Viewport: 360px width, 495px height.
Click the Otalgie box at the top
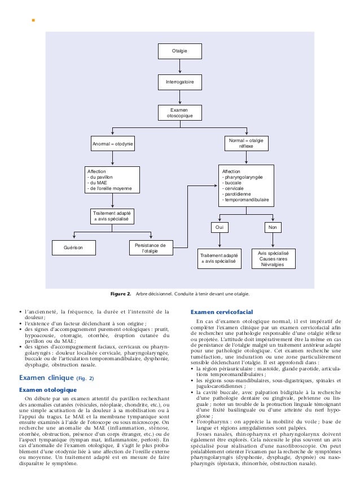pyautogui.click(x=180, y=51)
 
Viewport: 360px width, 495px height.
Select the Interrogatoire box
pyautogui.click(x=180, y=82)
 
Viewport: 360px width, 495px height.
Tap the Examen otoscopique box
pyautogui.click(x=180, y=113)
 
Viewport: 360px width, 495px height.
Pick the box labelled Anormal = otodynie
pyautogui.click(x=112, y=144)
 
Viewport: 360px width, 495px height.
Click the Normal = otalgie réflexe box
pyautogui.click(x=246, y=144)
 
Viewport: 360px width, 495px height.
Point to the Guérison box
pyautogui.click(x=74, y=248)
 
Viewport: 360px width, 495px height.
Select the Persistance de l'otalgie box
pyautogui.click(x=151, y=248)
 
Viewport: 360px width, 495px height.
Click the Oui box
pyautogui.click(x=219, y=227)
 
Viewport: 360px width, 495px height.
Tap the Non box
pyautogui.click(x=273, y=227)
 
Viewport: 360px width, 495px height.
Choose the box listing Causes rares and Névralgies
pyautogui.click(x=274, y=259)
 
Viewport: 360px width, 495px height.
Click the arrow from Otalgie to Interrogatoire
pyautogui.click(x=180, y=67)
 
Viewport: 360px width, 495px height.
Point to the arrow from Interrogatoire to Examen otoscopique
pyautogui.click(x=180, y=98)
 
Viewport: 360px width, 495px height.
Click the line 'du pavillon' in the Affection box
pyautogui.click(x=100, y=177)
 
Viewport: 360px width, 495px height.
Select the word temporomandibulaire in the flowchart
pyautogui.click(x=247, y=200)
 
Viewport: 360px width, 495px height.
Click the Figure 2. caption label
pyautogui.click(x=120, y=294)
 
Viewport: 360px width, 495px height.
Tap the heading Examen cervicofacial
pyautogui.click(x=222, y=312)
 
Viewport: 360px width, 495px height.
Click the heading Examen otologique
pyautogui.click(x=48, y=390)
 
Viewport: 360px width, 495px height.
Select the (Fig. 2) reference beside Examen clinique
pyautogui.click(x=85, y=378)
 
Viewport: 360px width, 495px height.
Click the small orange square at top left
pyautogui.click(x=33, y=20)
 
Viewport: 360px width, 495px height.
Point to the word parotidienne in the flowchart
pyautogui.click(x=238, y=194)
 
